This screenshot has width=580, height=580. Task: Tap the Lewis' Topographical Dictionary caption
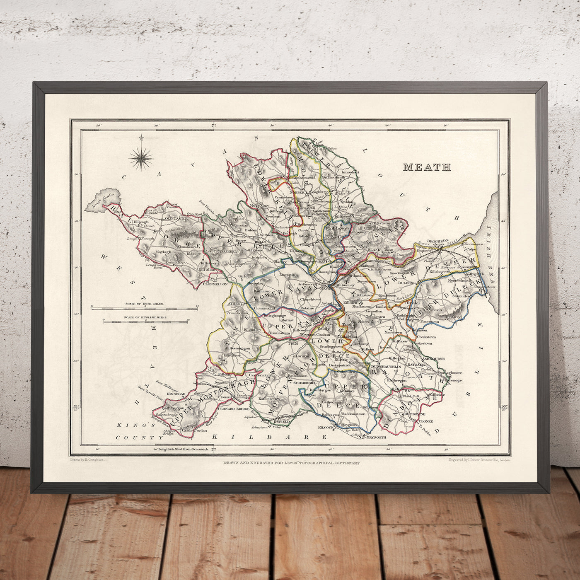290,463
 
